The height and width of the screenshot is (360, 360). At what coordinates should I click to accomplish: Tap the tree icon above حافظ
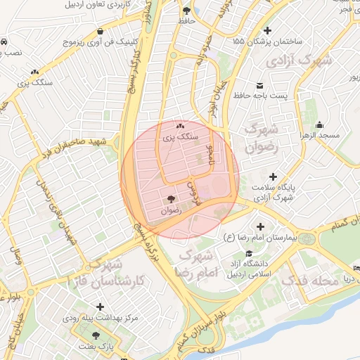tap(186, 11)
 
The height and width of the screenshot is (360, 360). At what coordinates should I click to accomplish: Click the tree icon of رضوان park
tap(172, 199)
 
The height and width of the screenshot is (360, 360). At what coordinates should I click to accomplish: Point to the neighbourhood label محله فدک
tap(306, 280)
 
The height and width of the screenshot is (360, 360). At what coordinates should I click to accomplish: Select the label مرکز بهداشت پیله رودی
tap(103, 318)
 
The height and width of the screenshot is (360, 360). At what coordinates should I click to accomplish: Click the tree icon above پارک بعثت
tap(96, 335)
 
